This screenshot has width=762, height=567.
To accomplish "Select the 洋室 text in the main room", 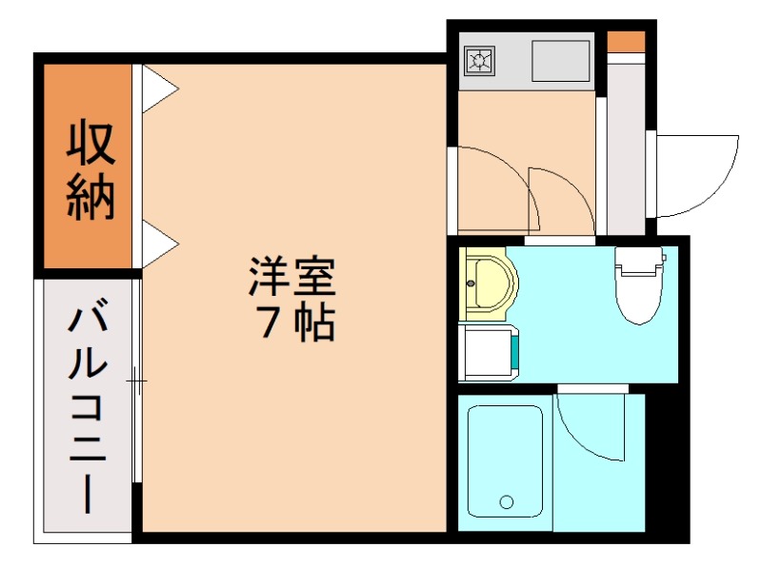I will click(292, 278).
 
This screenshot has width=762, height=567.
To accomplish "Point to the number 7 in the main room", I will click(266, 325).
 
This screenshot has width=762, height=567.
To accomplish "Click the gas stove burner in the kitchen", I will click(478, 62).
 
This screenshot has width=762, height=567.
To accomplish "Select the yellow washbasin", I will click(488, 283).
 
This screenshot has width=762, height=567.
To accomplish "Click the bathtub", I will click(504, 461).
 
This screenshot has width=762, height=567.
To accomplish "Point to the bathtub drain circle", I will click(506, 501).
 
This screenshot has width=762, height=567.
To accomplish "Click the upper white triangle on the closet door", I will click(159, 90).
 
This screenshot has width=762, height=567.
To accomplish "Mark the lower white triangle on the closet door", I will click(159, 244).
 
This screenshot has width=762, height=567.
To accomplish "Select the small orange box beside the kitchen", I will click(626, 43).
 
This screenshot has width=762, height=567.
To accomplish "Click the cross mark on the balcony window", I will click(137, 383).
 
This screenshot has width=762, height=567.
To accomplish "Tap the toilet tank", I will click(637, 258).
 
